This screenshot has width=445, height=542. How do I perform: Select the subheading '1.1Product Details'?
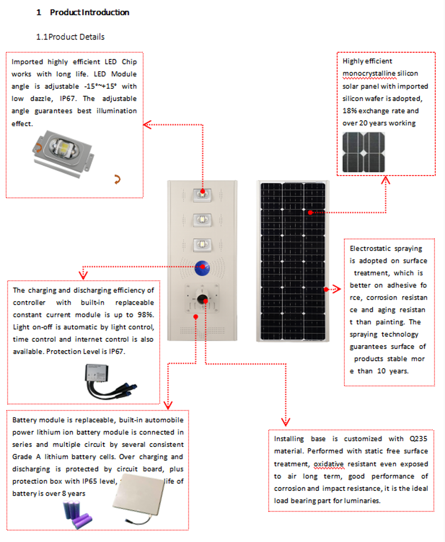70,37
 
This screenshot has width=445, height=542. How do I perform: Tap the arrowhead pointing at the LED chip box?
147,125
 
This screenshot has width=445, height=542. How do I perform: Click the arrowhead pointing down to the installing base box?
285,421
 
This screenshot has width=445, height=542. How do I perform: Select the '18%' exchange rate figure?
350,111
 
